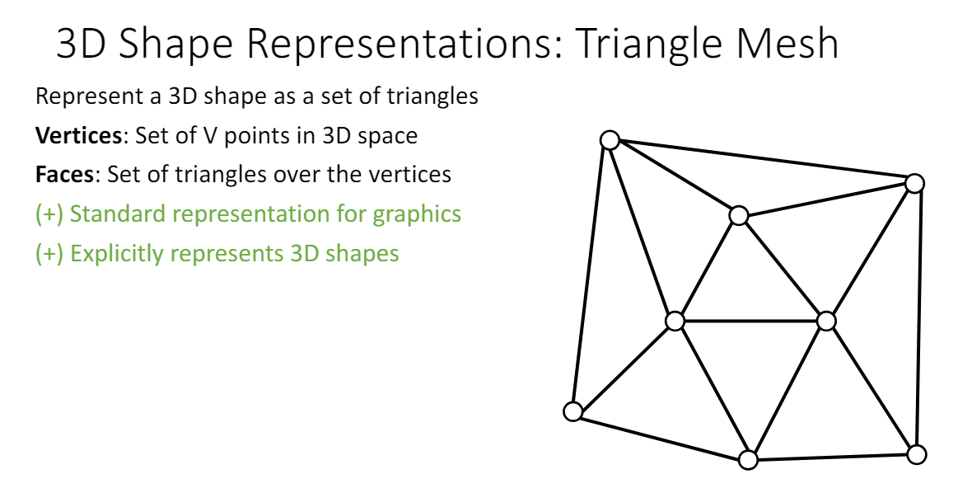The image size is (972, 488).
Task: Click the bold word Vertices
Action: (x=79, y=135)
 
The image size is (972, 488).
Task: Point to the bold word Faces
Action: (x=64, y=174)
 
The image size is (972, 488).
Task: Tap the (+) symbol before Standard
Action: (x=49, y=214)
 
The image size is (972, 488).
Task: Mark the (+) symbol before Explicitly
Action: (x=49, y=254)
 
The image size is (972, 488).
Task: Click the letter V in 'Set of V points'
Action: (x=209, y=136)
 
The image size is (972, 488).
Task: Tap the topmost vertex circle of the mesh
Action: (x=610, y=140)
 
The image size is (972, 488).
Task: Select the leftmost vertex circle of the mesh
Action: (x=573, y=411)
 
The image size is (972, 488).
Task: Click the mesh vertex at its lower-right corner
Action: (x=916, y=454)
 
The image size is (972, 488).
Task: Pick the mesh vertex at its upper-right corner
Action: (x=914, y=184)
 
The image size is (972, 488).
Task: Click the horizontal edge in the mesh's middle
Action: (x=750, y=321)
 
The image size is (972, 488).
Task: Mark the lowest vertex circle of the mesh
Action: (x=749, y=459)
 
